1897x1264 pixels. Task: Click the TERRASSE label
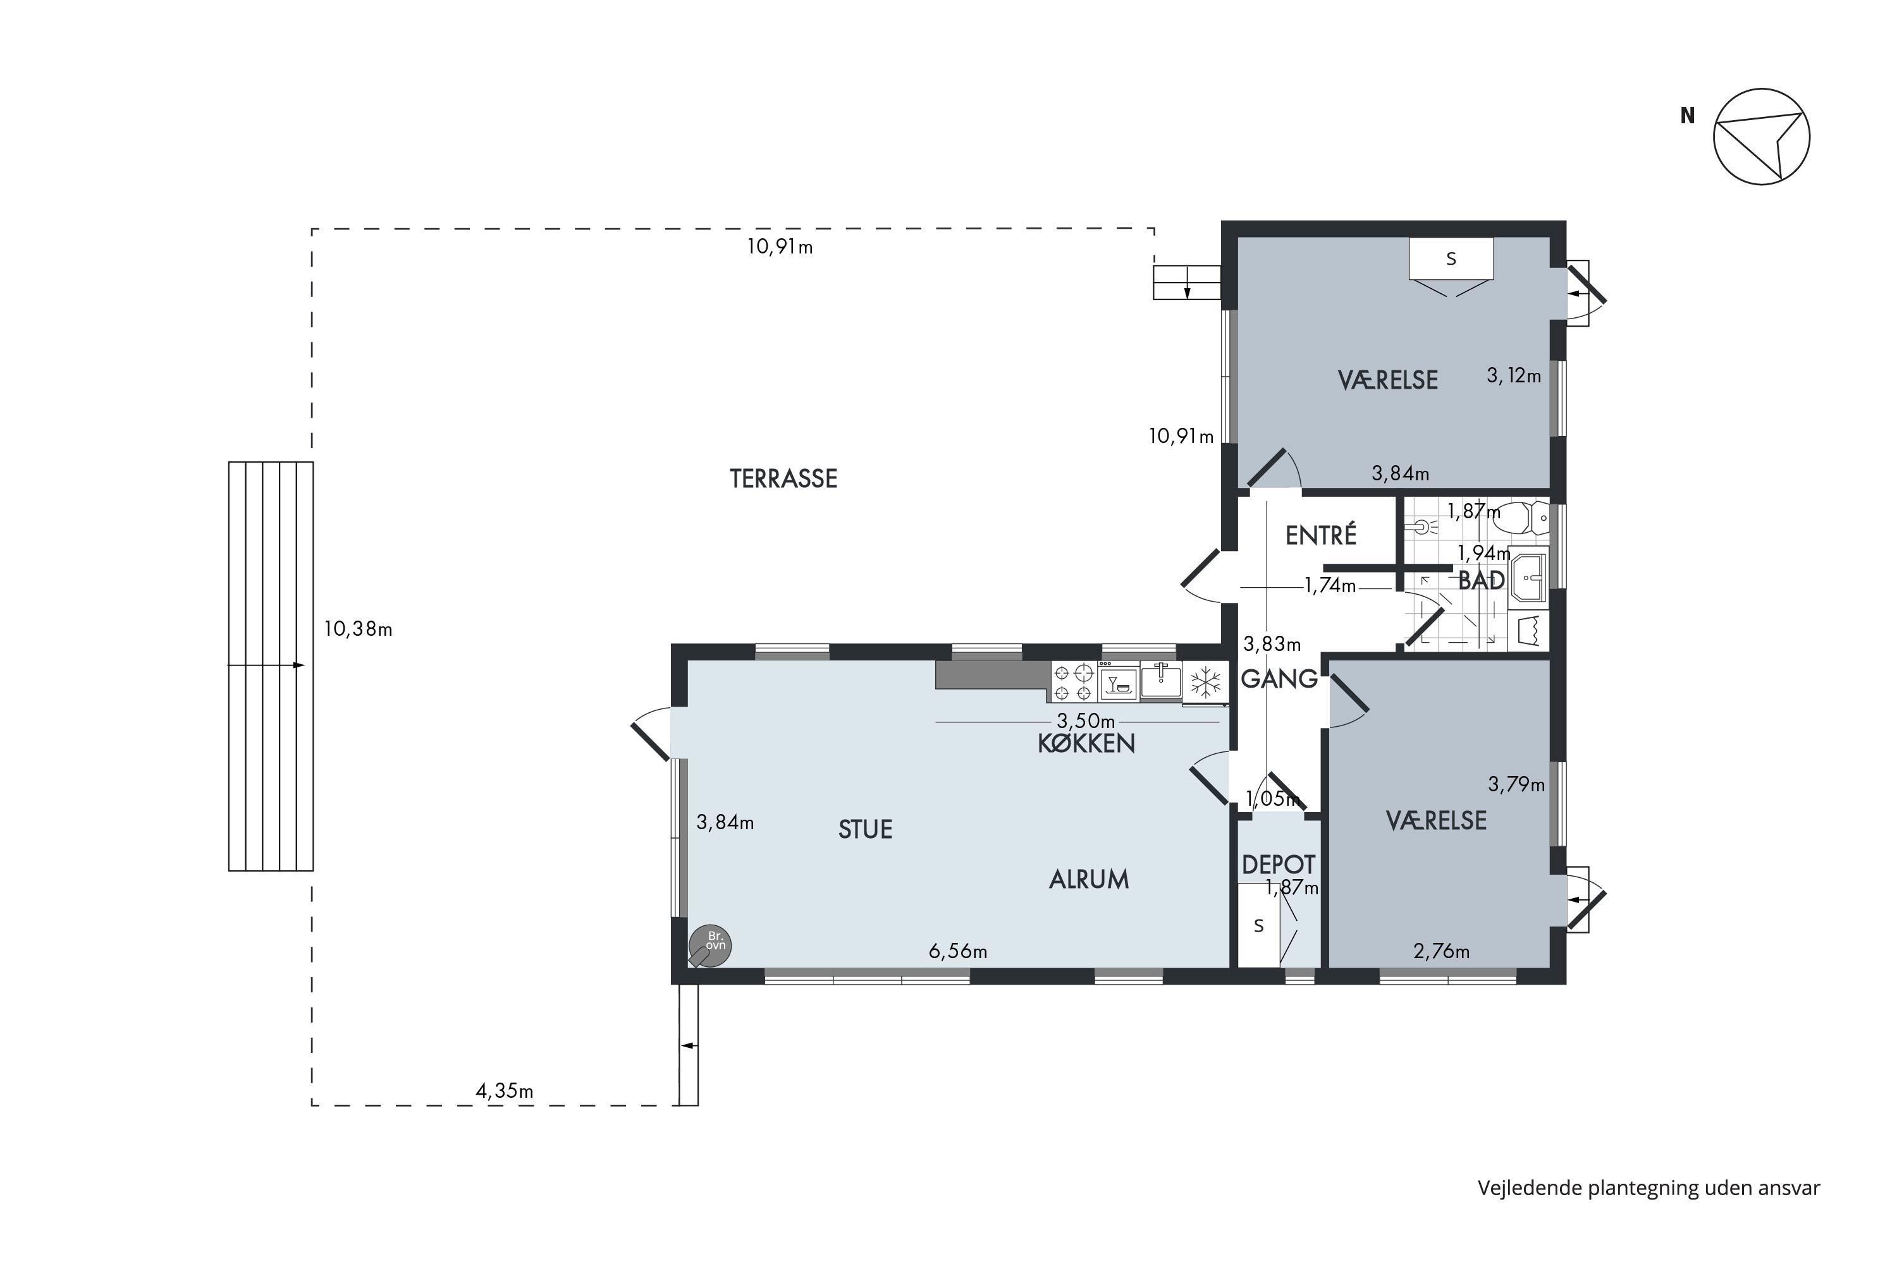pyautogui.click(x=783, y=479)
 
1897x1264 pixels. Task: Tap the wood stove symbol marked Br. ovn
pyautogui.click(x=709, y=945)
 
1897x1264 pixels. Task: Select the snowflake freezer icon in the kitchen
pyautogui.click(x=1206, y=683)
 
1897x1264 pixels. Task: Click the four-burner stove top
pyautogui.click(x=1072, y=683)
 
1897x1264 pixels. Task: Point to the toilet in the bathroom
pyautogui.click(x=1520, y=518)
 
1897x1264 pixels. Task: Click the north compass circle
pyautogui.click(x=1762, y=137)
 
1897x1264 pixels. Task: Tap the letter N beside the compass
pyautogui.click(x=1687, y=116)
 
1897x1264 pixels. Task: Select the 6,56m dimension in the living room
pyautogui.click(x=957, y=951)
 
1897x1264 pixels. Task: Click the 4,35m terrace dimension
pyautogui.click(x=504, y=1091)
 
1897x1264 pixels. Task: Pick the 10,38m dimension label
pyautogui.click(x=358, y=629)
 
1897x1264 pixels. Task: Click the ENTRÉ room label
pyautogui.click(x=1320, y=535)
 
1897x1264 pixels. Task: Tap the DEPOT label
pyautogui.click(x=1279, y=865)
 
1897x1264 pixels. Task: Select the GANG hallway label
pyautogui.click(x=1279, y=679)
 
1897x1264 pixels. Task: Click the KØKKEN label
pyautogui.click(x=1086, y=743)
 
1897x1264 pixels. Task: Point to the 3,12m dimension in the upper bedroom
pyautogui.click(x=1514, y=375)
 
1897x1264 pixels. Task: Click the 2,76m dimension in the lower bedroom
pyautogui.click(x=1441, y=951)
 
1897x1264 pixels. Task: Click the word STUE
pyautogui.click(x=866, y=829)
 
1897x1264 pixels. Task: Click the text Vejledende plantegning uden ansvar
pyautogui.click(x=1648, y=1188)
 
